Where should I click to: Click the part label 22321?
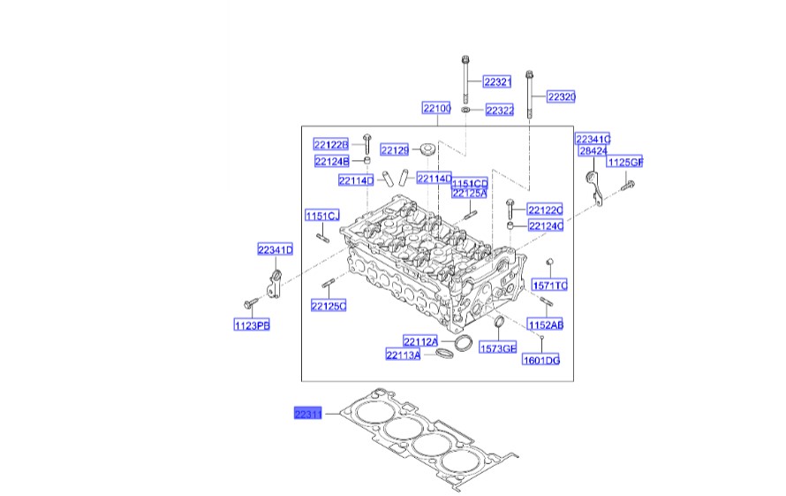pos(497,82)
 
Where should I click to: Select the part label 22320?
pos(561,96)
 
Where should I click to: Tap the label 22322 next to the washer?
pos(499,110)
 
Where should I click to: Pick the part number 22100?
pos(435,108)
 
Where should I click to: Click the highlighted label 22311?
pos(308,413)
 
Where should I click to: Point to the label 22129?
pos(394,150)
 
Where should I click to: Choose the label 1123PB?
pos(251,325)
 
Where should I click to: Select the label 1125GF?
pos(624,162)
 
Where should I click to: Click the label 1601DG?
pos(541,360)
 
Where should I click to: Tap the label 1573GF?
pos(497,348)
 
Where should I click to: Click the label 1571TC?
pos(549,285)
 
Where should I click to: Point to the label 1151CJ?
pos(322,216)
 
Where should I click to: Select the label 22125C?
pos(328,306)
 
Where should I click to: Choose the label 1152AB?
pos(546,324)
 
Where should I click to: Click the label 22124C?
pos(545,226)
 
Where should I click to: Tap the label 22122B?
pos(331,144)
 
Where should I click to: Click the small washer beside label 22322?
pos(466,111)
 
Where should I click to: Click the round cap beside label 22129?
pos(427,149)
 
